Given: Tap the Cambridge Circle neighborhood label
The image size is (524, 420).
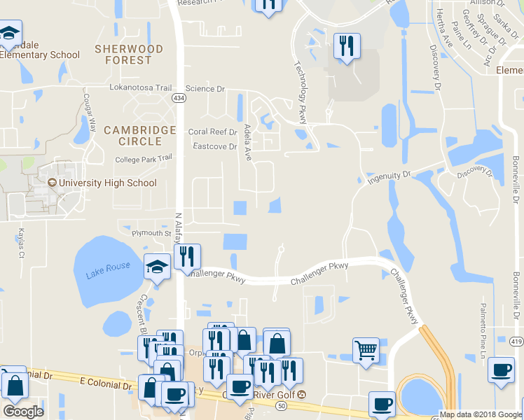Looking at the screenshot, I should (139, 136).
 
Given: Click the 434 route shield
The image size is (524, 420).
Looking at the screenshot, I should (180, 98).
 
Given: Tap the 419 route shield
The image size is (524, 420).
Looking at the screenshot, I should (516, 341).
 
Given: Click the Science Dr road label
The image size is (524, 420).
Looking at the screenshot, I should (205, 89).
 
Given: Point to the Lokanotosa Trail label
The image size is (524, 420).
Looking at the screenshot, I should (141, 88).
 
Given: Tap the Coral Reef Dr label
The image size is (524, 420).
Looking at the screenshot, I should (213, 132).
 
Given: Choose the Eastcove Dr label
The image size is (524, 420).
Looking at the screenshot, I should (215, 146).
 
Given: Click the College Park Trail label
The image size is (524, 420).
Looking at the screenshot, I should (144, 159).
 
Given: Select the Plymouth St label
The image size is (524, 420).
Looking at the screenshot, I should (148, 233).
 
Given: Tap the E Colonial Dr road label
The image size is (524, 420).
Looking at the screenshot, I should (106, 386).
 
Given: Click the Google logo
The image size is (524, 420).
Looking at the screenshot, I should (23, 411).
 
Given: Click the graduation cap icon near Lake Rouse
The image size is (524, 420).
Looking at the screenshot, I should (158, 266).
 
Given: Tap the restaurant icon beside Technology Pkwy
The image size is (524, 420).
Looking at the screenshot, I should (347, 46).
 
